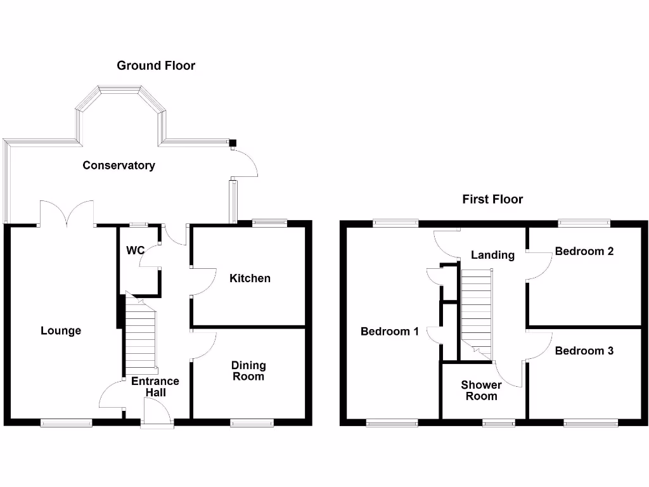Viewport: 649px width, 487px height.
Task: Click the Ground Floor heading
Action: (x=156, y=65)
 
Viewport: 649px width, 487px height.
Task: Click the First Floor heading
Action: (x=492, y=199)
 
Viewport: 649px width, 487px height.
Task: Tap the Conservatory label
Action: (x=119, y=166)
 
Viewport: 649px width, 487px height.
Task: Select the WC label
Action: (x=135, y=250)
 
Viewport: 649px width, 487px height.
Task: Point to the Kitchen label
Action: (x=250, y=278)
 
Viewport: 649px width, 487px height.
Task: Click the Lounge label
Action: (x=61, y=330)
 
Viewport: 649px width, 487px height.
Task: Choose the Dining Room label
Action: (x=248, y=371)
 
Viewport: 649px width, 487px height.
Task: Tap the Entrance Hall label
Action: (x=155, y=387)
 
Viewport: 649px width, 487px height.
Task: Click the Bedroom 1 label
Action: (x=390, y=331)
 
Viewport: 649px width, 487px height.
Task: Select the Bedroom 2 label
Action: (x=584, y=251)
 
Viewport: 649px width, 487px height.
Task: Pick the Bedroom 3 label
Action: (x=584, y=351)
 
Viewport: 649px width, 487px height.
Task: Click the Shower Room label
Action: (x=481, y=391)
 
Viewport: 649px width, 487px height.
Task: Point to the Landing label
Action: (x=492, y=255)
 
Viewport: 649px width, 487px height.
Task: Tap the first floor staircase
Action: (x=476, y=311)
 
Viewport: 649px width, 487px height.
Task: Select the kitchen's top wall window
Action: (x=269, y=223)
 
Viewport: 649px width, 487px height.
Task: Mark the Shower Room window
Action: (x=495, y=422)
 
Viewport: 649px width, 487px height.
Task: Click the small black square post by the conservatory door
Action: (x=233, y=143)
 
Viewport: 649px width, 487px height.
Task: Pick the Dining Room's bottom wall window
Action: (x=252, y=422)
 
